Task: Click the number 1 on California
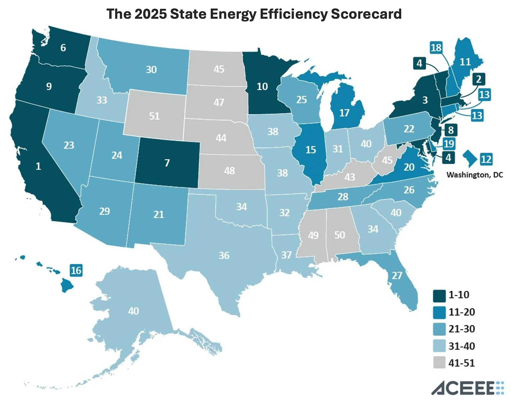[x=38, y=166]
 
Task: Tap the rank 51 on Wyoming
[x=154, y=116]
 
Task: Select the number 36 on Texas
[x=224, y=255]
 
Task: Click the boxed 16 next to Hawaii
[x=76, y=270]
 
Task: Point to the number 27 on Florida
[x=397, y=275]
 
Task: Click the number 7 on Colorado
[x=167, y=163]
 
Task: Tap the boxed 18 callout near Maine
[x=436, y=48]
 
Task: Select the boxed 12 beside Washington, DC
[x=486, y=159]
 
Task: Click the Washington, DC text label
[x=475, y=175]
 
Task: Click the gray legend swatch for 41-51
[x=439, y=363]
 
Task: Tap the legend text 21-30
[x=462, y=329]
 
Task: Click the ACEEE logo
[x=467, y=388]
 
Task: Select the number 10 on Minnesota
[x=262, y=86]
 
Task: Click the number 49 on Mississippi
[x=313, y=235]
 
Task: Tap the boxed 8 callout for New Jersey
[x=451, y=130]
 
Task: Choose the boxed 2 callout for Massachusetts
[x=478, y=79]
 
